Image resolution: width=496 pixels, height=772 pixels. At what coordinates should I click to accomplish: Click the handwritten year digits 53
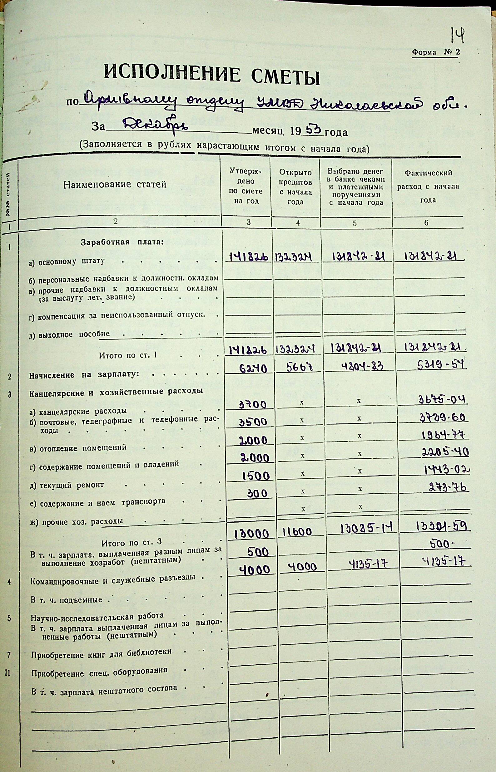click(311, 130)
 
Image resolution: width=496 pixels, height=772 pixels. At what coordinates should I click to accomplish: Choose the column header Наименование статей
click(115, 185)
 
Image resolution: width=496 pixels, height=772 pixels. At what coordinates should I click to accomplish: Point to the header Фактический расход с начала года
click(428, 186)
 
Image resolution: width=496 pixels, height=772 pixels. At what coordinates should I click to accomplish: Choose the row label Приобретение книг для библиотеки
click(101, 652)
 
